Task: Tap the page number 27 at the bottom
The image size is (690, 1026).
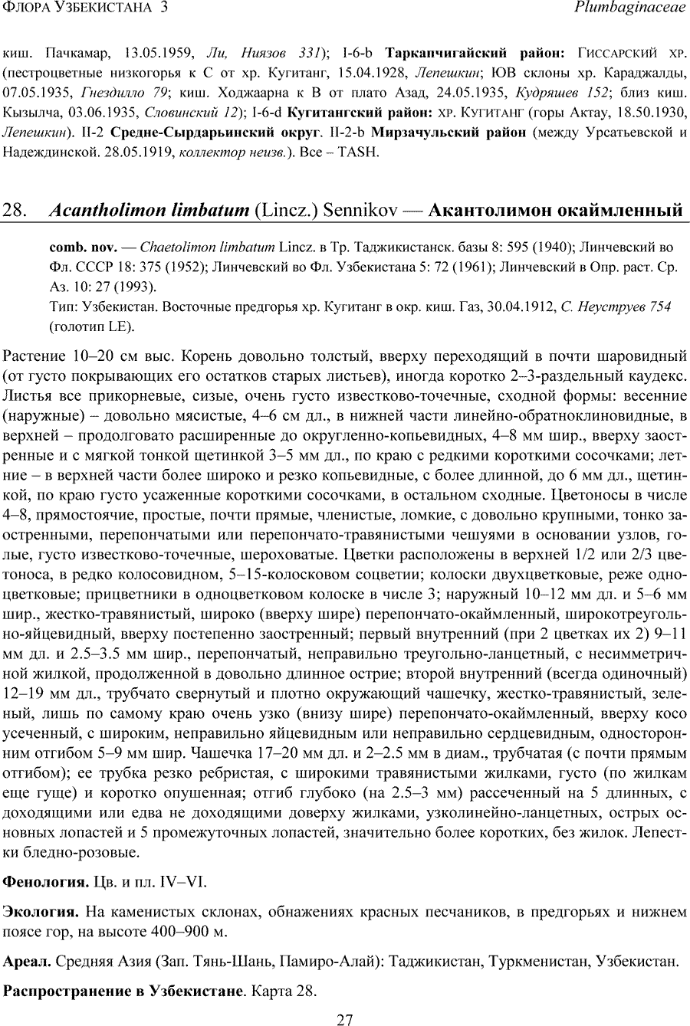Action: (345, 1018)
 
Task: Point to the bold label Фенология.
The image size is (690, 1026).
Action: (45, 882)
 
